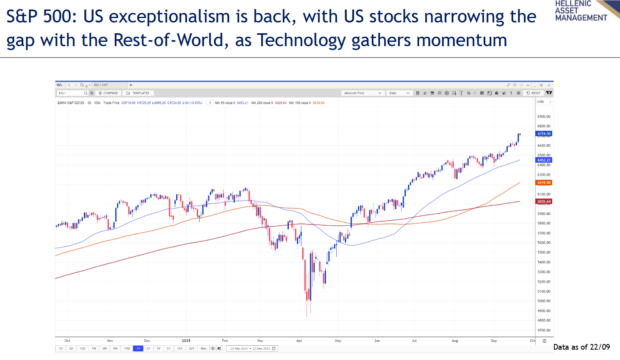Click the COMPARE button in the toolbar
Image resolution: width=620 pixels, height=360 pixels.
point(108,93)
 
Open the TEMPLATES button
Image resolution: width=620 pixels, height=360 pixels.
point(138,93)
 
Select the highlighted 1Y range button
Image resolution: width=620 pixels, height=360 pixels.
point(138,348)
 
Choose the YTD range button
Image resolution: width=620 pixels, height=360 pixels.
point(127,348)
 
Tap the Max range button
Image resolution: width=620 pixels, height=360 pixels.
point(203,348)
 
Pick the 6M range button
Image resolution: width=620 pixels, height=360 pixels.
point(115,348)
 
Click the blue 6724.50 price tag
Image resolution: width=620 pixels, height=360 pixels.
point(544,134)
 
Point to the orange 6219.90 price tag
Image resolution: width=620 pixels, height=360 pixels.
point(544,183)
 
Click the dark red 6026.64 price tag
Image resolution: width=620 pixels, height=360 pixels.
point(544,201)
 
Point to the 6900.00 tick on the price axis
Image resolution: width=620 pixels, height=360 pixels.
point(544,117)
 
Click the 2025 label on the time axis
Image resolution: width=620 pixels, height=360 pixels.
point(186,341)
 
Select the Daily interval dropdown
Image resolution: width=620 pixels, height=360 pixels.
point(399,93)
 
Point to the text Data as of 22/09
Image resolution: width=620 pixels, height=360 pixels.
point(581,347)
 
